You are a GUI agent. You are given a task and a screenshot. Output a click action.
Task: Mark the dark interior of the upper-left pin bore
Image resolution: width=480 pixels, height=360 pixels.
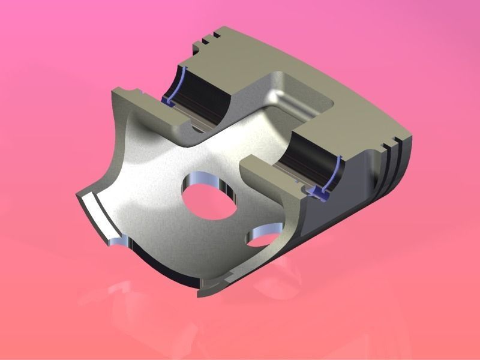coord(204,96)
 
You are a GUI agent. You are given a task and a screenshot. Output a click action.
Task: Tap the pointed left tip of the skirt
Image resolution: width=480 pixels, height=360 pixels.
coord(77,195)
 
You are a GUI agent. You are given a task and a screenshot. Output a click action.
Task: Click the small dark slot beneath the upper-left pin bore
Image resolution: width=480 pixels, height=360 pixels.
coord(195,128)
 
